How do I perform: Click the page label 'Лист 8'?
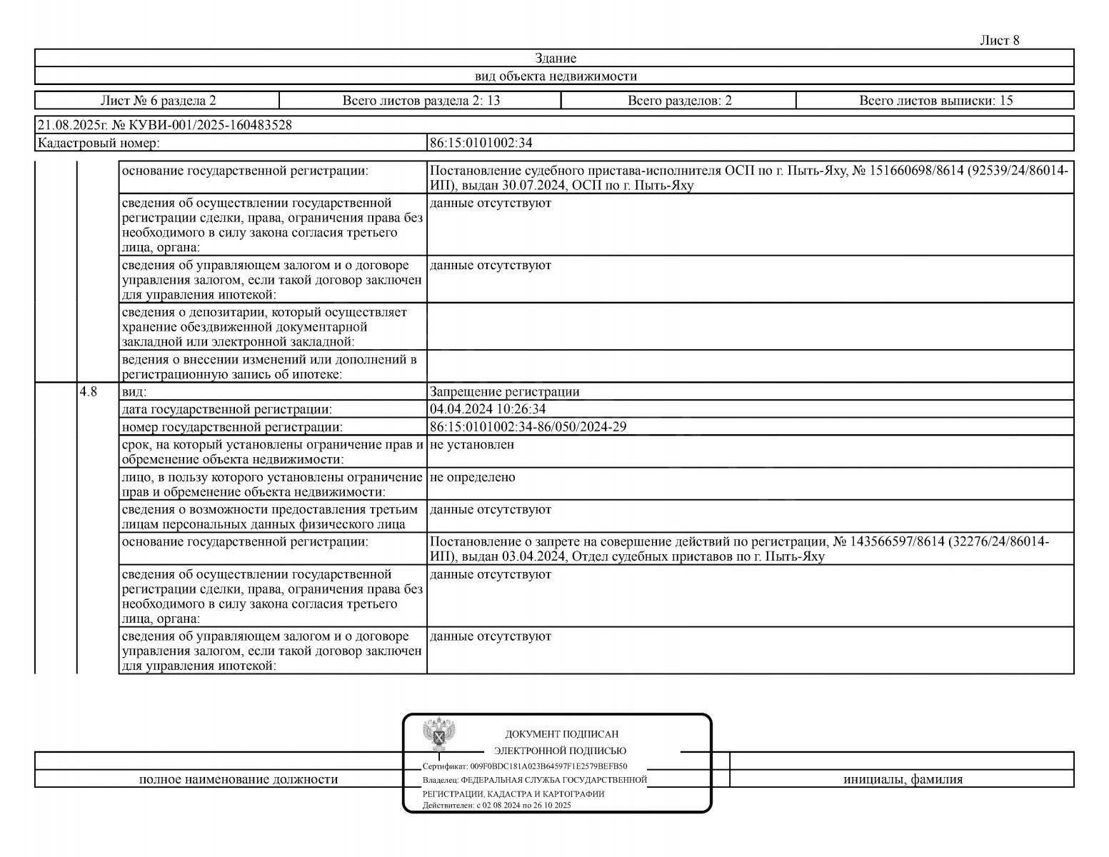(x=999, y=41)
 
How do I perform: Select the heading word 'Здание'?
(x=555, y=59)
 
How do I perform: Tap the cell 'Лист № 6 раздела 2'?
(x=158, y=101)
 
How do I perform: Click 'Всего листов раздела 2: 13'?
(x=421, y=101)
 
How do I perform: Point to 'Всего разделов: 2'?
(x=679, y=101)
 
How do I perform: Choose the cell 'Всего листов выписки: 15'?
(x=935, y=101)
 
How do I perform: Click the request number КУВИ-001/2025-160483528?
(x=210, y=126)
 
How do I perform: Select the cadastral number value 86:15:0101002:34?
(x=481, y=143)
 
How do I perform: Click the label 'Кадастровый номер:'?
(x=99, y=143)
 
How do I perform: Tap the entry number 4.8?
(x=89, y=391)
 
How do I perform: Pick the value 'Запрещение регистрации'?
(x=504, y=391)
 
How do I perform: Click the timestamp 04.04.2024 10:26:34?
(x=488, y=409)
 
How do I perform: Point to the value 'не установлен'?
(x=472, y=444)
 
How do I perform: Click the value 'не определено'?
(x=472, y=476)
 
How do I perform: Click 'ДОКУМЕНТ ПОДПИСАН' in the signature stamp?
(x=561, y=734)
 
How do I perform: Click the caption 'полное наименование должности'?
(x=238, y=779)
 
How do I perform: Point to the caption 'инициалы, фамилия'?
(x=903, y=779)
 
